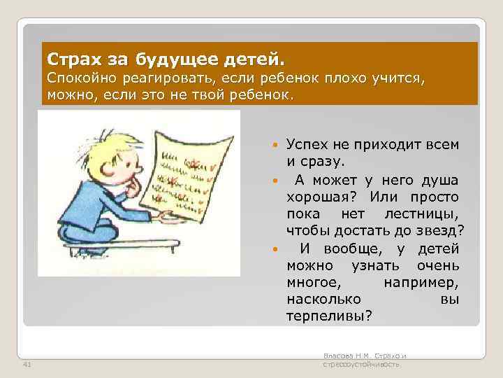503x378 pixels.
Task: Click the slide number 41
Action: [x=27, y=365]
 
